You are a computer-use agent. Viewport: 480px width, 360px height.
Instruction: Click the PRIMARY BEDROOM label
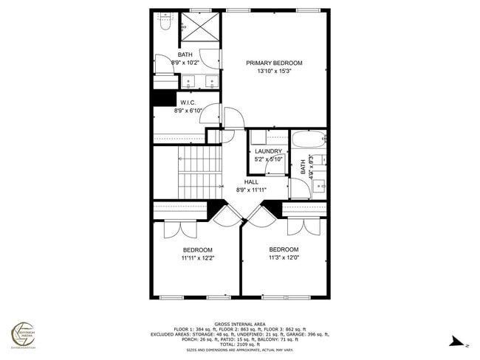[x=274, y=63]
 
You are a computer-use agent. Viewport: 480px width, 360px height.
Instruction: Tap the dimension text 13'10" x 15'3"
[x=274, y=72]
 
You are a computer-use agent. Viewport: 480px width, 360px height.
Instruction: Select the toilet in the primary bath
[x=163, y=24]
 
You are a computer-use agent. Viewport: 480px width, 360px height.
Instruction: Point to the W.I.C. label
[x=188, y=103]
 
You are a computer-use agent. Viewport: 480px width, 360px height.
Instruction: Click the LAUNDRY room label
[x=268, y=151]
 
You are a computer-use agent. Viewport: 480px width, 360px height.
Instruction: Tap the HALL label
[x=251, y=181]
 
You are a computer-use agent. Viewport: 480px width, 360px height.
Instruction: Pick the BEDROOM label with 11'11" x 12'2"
[x=198, y=250]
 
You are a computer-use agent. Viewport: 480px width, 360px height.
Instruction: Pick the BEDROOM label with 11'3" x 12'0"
[x=284, y=249]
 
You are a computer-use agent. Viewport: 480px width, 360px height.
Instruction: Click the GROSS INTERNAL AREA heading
[x=240, y=324]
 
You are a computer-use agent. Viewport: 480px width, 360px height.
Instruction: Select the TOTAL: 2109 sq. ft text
[x=240, y=345]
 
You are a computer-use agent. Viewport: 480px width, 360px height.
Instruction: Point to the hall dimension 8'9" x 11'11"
[x=251, y=190]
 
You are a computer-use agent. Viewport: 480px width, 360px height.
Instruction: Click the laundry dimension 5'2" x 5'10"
[x=268, y=159]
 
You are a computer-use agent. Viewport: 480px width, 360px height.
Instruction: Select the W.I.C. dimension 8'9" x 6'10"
[x=188, y=111]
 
